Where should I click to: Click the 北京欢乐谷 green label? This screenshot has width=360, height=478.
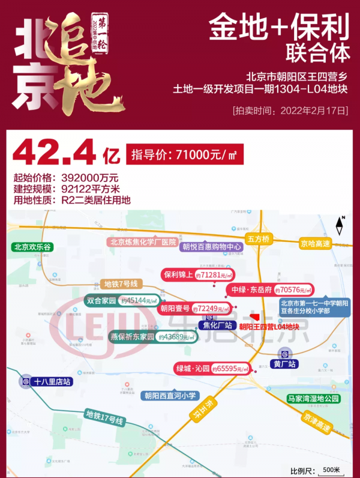34,246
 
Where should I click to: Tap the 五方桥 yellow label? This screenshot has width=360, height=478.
259,238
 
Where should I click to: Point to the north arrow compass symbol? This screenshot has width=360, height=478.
340,226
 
